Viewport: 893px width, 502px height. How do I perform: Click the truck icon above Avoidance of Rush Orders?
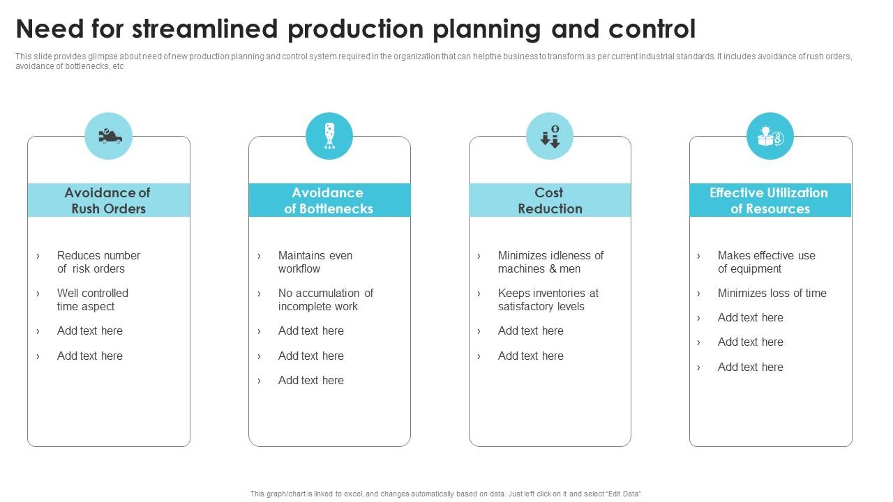point(109,136)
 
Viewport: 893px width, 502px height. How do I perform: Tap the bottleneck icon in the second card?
point(329,136)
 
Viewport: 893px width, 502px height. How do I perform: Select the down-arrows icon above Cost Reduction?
point(550,136)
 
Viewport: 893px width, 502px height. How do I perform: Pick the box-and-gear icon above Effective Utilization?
point(770,136)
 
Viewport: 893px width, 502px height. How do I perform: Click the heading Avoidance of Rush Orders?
point(108,201)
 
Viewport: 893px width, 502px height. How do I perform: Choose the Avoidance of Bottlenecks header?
point(329,201)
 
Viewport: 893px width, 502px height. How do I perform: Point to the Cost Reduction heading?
point(550,201)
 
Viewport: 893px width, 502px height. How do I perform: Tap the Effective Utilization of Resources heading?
point(770,201)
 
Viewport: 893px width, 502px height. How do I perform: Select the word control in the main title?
point(652,29)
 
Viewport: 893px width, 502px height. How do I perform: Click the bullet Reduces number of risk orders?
point(98,262)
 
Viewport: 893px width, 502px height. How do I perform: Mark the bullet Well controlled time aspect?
point(92,300)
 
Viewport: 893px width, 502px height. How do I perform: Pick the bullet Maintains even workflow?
point(315,262)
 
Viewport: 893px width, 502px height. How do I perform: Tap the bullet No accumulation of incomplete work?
point(325,300)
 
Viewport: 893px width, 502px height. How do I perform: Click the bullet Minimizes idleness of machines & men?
point(550,262)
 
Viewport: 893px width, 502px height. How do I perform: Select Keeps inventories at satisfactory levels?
point(548,300)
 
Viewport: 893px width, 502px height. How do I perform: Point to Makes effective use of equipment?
point(766,262)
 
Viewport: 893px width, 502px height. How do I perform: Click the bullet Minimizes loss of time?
point(772,294)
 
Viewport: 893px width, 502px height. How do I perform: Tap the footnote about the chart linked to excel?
point(446,494)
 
